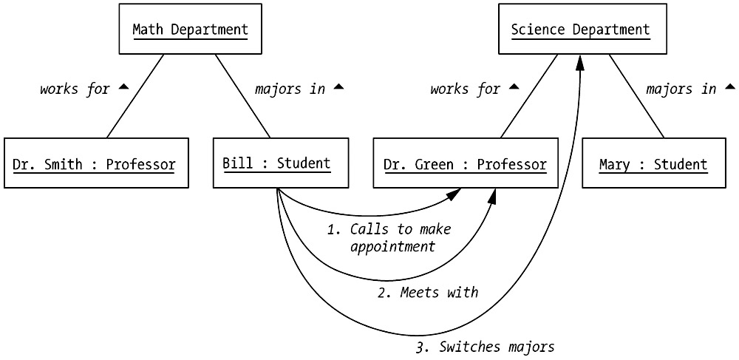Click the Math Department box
pyautogui.click(x=190, y=30)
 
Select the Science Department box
pyautogui.click(x=580, y=30)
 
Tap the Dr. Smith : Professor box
pyautogui.click(x=94, y=163)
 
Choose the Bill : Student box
pyautogui.click(x=276, y=163)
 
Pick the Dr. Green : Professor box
pyautogui.click(x=466, y=163)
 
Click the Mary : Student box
pyautogui.click(x=653, y=163)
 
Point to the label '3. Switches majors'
pyautogui.click(x=486, y=346)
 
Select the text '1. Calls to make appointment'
pyautogui.click(x=389, y=237)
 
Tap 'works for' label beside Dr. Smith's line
pyautogui.click(x=75, y=89)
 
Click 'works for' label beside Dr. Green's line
pyautogui.click(x=466, y=89)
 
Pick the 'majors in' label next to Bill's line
pyautogui.click(x=290, y=89)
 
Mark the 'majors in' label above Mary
pyautogui.click(x=681, y=89)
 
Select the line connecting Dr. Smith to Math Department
pyautogui.click(x=135, y=95)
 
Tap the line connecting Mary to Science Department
pyautogui.click(x=637, y=95)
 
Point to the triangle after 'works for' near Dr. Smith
pyautogui.click(x=123, y=87)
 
